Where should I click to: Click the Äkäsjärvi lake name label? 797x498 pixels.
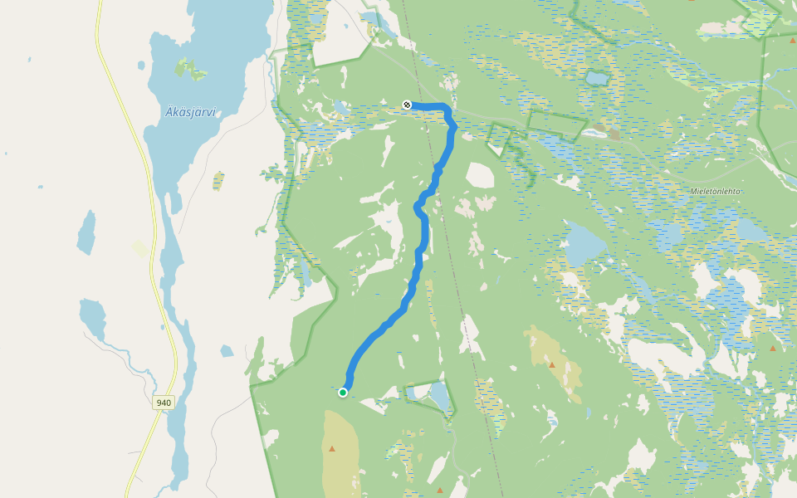[190, 112]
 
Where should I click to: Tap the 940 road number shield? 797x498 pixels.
[164, 403]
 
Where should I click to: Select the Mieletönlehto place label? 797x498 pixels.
[714, 191]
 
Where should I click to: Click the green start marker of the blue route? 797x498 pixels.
[343, 393]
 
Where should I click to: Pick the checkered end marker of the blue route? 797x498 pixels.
[407, 105]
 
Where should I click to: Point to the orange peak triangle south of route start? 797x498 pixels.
[333, 449]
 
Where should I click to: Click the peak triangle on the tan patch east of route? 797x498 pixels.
[552, 364]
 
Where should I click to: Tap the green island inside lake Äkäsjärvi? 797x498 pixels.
[191, 70]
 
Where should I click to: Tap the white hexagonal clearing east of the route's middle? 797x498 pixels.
[479, 175]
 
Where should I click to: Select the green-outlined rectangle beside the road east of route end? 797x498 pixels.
[556, 124]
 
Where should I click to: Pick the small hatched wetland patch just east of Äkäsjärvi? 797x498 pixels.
[218, 180]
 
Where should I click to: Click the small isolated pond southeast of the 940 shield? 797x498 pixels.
[227, 351]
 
